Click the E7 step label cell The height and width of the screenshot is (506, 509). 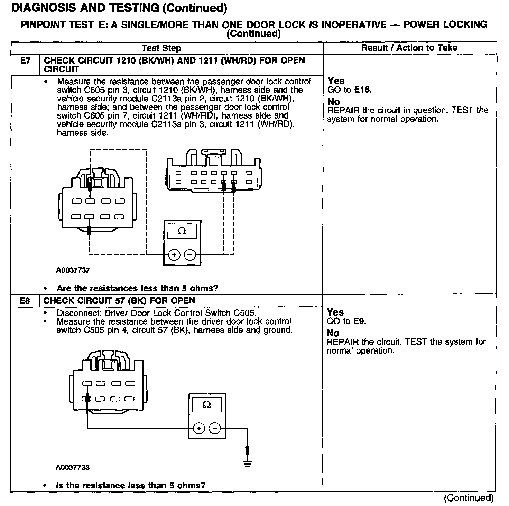(x=25, y=61)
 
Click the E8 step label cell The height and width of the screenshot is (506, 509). (x=25, y=301)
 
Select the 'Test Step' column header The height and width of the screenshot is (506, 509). (x=161, y=48)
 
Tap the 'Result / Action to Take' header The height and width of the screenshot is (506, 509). (x=409, y=48)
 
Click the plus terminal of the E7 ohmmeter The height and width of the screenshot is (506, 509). (x=174, y=255)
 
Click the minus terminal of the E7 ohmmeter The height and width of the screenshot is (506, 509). (x=190, y=255)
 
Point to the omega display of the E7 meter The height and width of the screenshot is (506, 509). (x=182, y=231)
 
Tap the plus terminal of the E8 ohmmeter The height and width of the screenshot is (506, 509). (x=199, y=429)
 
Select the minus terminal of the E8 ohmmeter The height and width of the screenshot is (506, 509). (x=215, y=429)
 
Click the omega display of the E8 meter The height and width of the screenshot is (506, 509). (x=207, y=405)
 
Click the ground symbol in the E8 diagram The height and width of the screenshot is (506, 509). (x=247, y=463)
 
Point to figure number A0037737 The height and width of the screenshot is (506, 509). (x=73, y=270)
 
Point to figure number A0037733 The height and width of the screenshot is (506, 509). (x=73, y=468)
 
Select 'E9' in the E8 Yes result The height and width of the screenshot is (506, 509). (x=359, y=321)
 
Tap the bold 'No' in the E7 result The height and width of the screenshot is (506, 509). (x=334, y=102)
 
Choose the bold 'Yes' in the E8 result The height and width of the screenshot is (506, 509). (x=335, y=312)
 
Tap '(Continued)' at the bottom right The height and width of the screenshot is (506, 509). (x=469, y=498)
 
